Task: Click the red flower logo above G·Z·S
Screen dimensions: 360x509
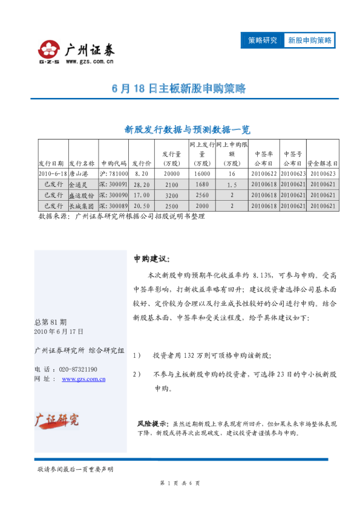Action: point(49,48)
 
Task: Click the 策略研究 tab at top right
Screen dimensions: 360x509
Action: point(263,41)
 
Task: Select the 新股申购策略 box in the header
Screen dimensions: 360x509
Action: point(309,41)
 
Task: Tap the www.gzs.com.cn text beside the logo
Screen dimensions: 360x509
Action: point(87,61)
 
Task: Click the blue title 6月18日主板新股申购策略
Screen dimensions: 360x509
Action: point(179,88)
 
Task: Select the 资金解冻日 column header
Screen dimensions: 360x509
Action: point(322,163)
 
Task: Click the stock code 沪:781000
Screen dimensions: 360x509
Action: point(114,173)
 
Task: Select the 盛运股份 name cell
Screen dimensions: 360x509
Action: point(82,195)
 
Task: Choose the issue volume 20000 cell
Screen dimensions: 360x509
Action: point(171,173)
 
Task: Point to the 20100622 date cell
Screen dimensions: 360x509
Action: point(263,173)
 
